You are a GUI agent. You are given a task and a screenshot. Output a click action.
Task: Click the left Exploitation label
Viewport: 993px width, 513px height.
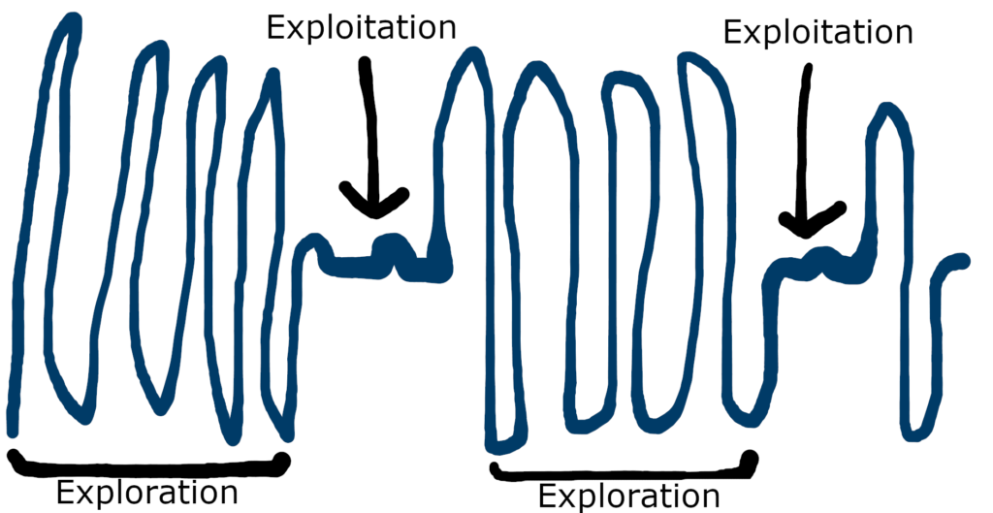point(361,27)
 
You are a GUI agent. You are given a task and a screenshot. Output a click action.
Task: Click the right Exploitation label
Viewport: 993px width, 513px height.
point(818,32)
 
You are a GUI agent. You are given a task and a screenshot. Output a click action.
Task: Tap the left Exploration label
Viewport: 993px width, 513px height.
point(146,493)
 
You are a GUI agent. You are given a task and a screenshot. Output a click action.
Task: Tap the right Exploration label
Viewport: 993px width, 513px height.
point(629,497)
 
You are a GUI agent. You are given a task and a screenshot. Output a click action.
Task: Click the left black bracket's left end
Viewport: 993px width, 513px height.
point(12,456)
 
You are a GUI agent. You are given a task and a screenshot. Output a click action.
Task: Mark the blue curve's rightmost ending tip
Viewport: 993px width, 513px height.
point(963,261)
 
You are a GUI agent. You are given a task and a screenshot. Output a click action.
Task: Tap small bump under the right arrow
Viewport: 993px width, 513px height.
point(825,255)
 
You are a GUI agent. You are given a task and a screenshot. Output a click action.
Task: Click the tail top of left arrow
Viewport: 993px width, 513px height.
point(365,64)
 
